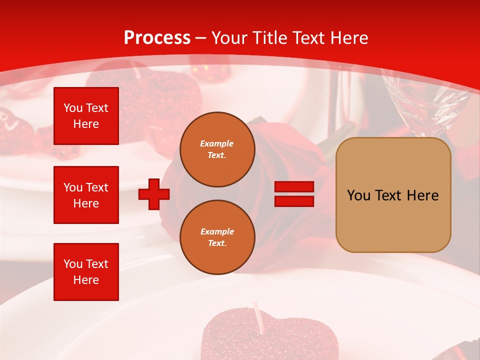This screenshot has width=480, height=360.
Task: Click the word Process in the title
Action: (157, 38)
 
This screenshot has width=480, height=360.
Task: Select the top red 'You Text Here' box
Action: (86, 116)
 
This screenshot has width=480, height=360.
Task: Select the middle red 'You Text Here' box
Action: (86, 195)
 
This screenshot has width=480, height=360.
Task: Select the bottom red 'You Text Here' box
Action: (86, 272)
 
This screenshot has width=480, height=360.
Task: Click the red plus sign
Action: (154, 194)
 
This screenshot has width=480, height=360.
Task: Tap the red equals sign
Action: (294, 194)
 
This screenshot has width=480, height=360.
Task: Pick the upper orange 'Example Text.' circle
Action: (217, 149)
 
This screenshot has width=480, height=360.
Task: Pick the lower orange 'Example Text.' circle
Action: (217, 237)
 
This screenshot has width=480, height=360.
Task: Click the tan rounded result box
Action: (393, 195)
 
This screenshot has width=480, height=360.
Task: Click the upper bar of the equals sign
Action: (294, 187)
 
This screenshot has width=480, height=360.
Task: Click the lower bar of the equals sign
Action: (294, 201)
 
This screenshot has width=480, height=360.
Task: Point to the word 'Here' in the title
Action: (349, 38)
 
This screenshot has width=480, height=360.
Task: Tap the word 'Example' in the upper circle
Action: (217, 143)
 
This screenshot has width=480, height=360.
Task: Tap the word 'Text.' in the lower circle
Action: (217, 243)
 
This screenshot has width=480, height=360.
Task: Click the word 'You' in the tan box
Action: (358, 195)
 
